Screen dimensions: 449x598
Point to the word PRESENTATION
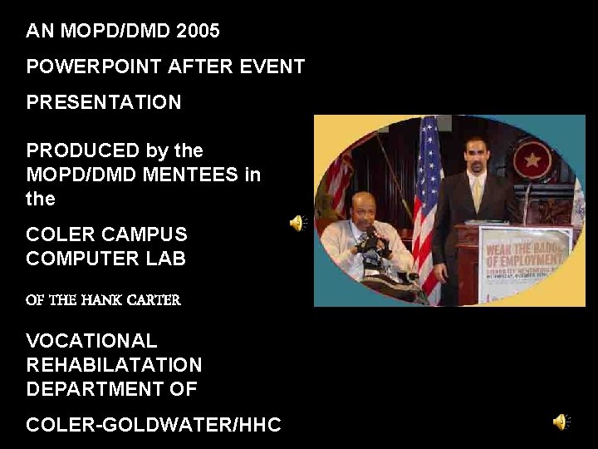click(103, 102)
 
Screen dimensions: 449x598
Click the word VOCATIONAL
click(91, 341)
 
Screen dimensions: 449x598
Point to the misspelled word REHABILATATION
click(114, 365)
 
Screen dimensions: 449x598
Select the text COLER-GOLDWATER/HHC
click(154, 425)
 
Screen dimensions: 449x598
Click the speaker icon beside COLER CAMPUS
click(297, 223)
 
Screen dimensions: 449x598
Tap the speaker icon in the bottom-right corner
click(561, 422)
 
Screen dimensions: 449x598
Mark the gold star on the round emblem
click(532, 157)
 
